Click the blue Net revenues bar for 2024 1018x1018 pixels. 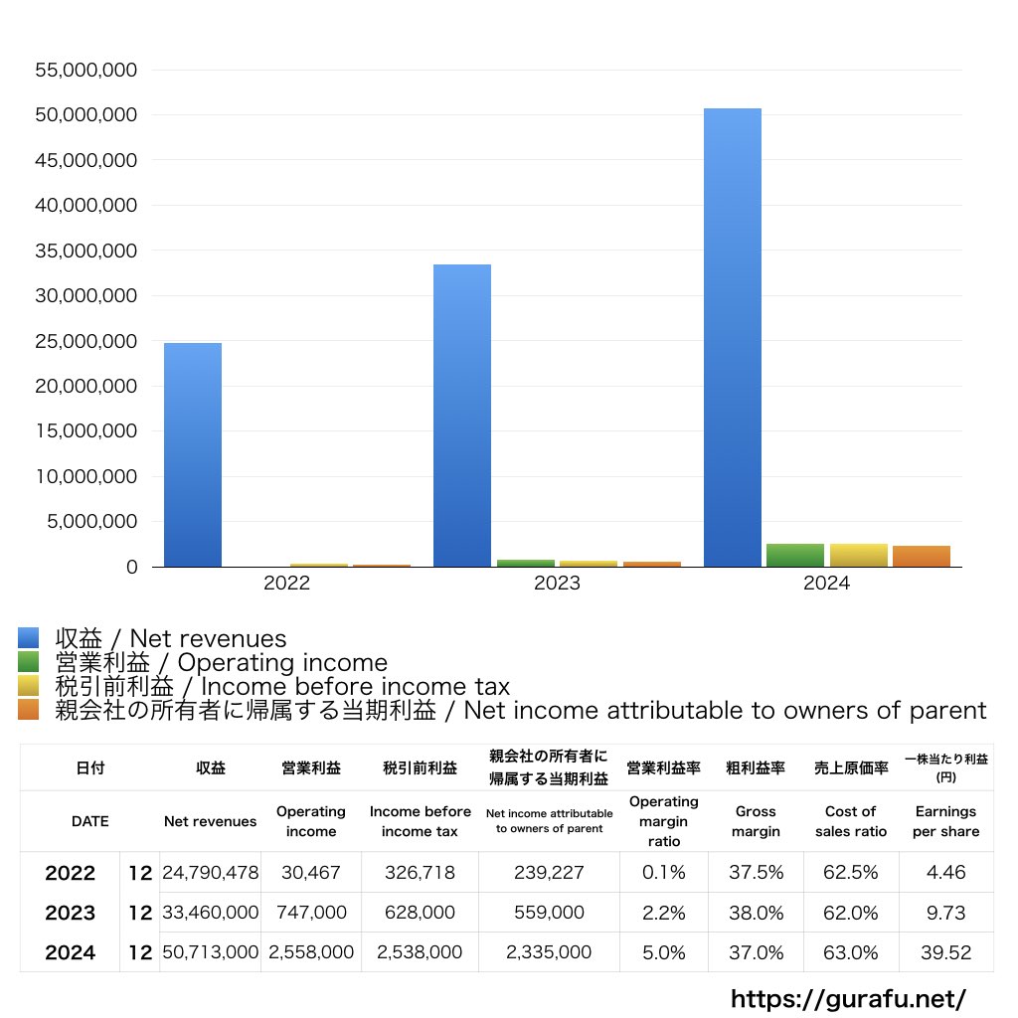click(732, 338)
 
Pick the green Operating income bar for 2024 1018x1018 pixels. click(794, 555)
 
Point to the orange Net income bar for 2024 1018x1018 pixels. click(921, 556)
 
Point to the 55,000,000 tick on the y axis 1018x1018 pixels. click(85, 70)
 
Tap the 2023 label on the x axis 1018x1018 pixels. click(557, 584)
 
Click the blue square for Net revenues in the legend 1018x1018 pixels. click(28, 638)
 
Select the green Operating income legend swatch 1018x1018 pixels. click(28, 662)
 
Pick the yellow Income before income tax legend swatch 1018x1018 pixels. click(28, 686)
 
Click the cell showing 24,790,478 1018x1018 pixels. click(211, 873)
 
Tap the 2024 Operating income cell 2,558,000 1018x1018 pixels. click(311, 952)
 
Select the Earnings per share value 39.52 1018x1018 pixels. click(945, 952)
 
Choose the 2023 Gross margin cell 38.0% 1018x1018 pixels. click(756, 913)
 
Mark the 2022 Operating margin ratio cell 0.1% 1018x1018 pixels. click(663, 873)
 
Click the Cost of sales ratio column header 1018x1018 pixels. click(850, 821)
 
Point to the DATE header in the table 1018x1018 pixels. click(89, 821)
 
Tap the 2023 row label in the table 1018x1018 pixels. click(70, 913)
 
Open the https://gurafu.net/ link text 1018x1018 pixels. click(848, 998)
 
